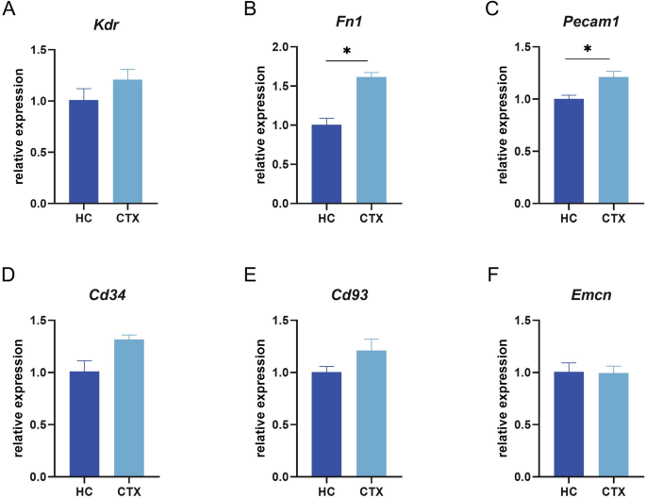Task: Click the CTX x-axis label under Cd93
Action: [376, 491]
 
